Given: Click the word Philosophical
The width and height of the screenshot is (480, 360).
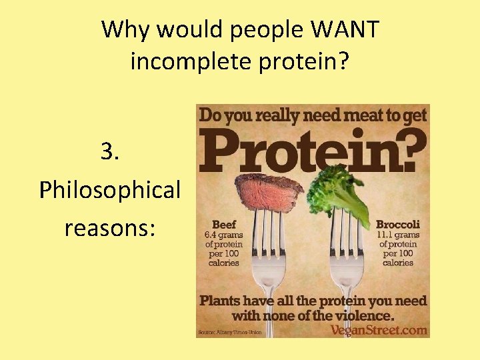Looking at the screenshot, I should pyautogui.click(x=110, y=190).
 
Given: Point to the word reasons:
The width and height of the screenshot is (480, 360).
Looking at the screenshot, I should pyautogui.click(x=110, y=228).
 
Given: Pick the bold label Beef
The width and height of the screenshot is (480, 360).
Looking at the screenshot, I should pyautogui.click(x=225, y=225).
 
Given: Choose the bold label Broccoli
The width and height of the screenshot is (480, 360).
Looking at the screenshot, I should pyautogui.click(x=398, y=225).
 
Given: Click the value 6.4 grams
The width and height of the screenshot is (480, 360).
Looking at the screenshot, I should pyautogui.click(x=224, y=235).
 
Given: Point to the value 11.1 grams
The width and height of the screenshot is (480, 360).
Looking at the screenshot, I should pyautogui.click(x=398, y=235).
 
